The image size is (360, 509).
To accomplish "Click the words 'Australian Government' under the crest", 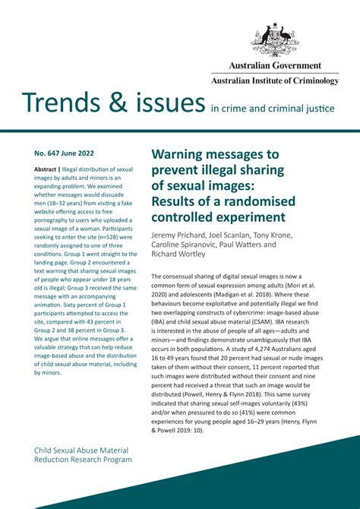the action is coord(275,66).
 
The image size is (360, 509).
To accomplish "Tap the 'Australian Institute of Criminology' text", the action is coord(275,81).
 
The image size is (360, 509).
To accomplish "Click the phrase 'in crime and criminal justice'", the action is coord(272,109).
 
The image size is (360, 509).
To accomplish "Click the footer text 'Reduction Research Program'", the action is coord(83,460).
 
